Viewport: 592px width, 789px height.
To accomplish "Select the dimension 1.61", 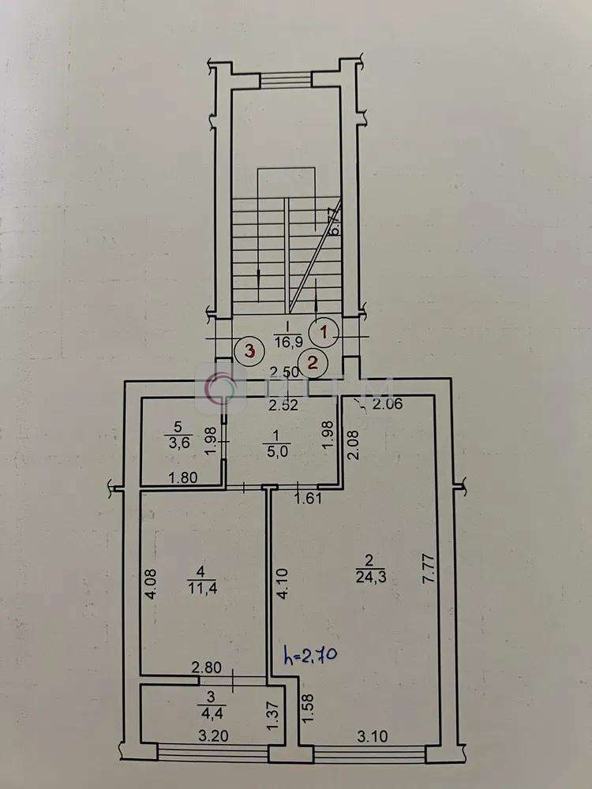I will [x=306, y=498].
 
